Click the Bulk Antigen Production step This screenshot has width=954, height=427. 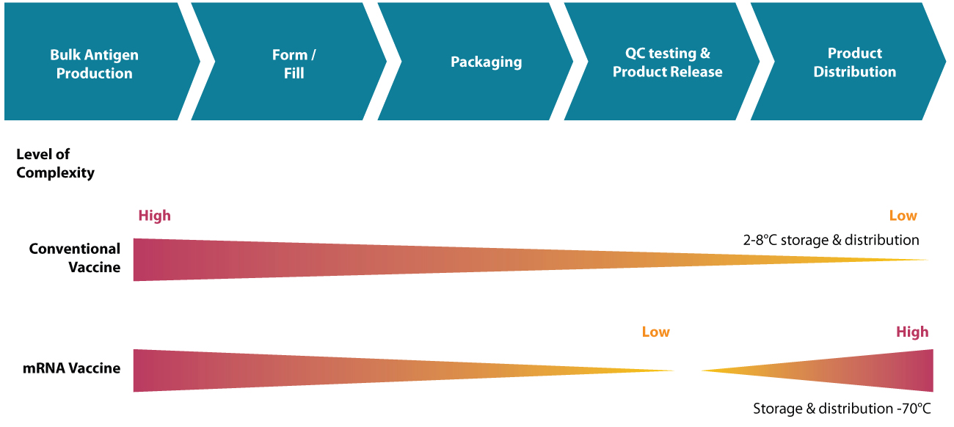[94, 64]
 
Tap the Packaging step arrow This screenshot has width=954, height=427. [486, 62]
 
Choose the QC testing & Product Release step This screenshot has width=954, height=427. [667, 62]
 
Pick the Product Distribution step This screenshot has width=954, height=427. [854, 62]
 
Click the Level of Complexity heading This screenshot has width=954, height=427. [55, 164]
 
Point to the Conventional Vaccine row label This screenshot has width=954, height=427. [75, 258]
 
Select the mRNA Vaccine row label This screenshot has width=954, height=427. [72, 368]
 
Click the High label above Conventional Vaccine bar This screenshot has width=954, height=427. [154, 216]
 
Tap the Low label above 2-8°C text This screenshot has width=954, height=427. [903, 216]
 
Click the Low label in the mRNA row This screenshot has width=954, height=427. [655, 332]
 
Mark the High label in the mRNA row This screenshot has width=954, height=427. [911, 332]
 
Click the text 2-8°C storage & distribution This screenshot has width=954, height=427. [831, 240]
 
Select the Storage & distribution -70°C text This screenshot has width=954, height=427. [842, 409]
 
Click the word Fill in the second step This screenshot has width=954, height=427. [294, 73]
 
